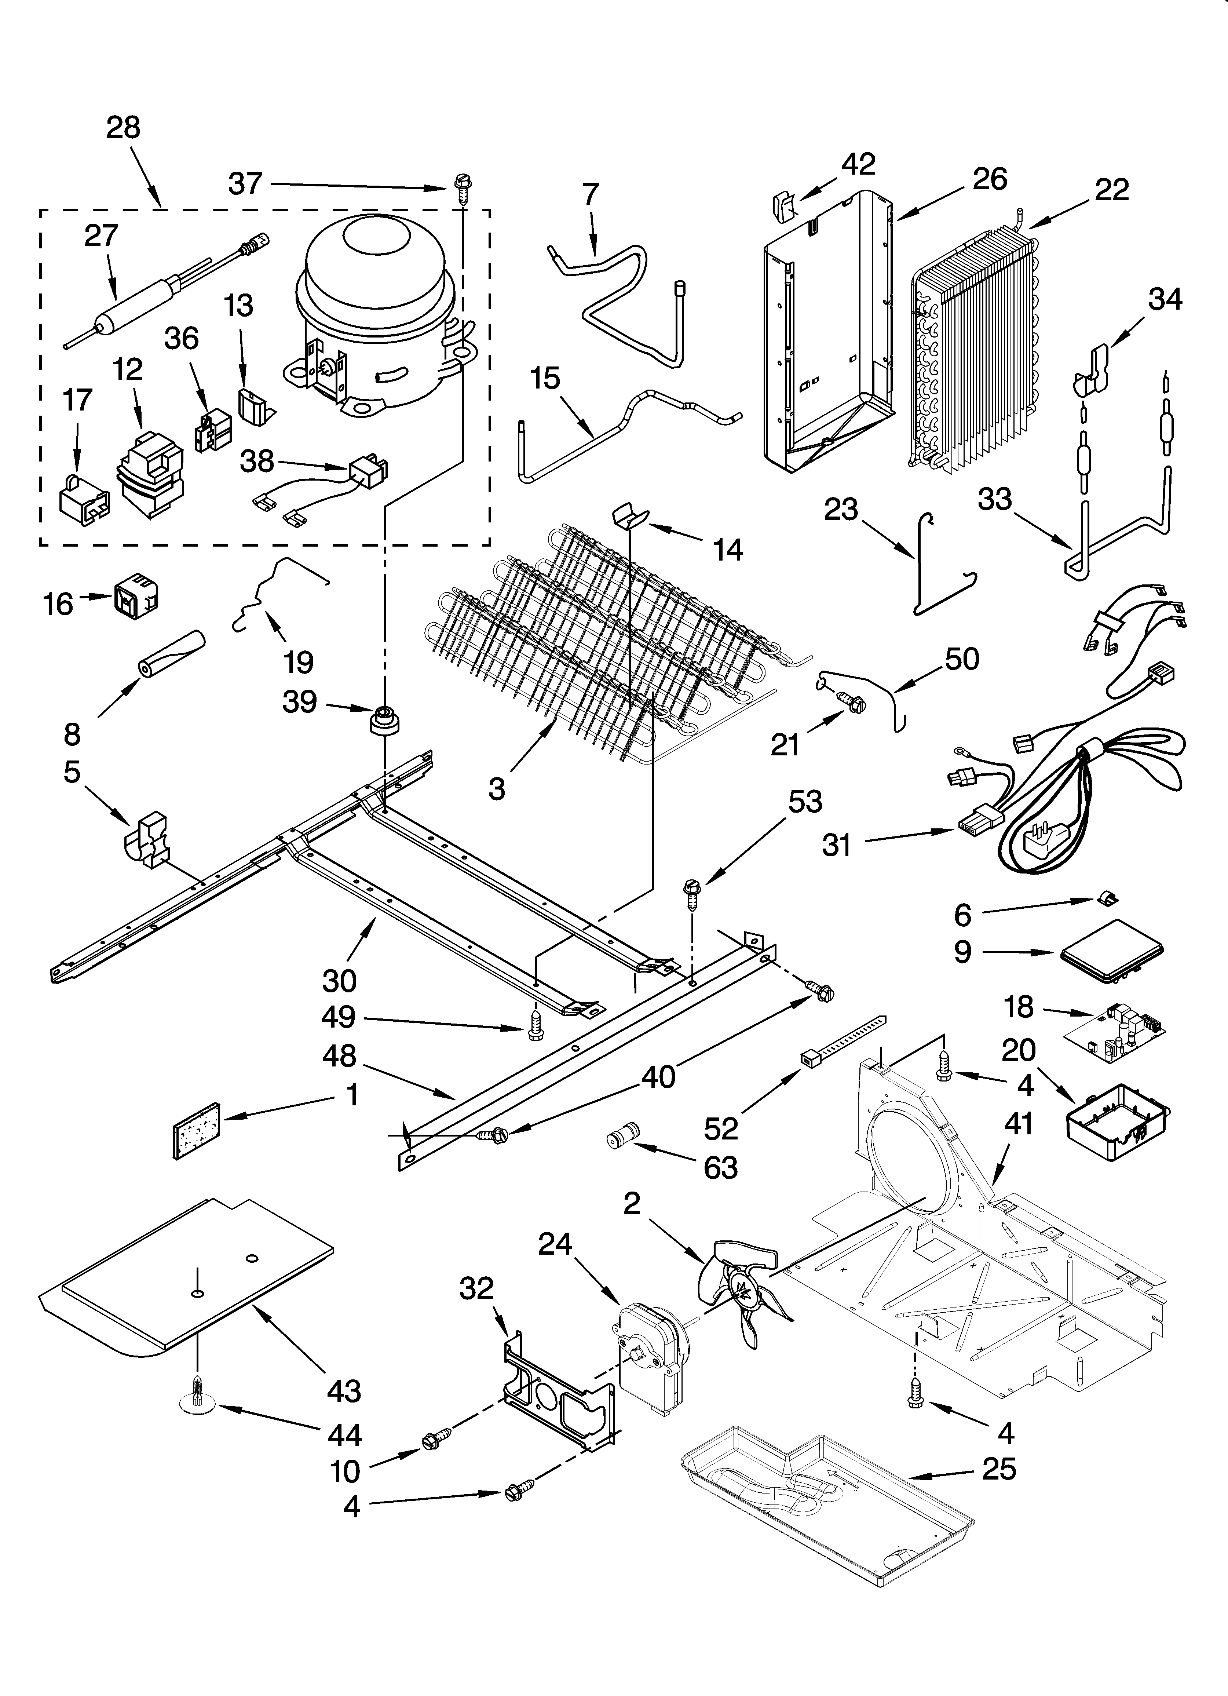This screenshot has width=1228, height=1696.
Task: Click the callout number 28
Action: pos(123,128)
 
